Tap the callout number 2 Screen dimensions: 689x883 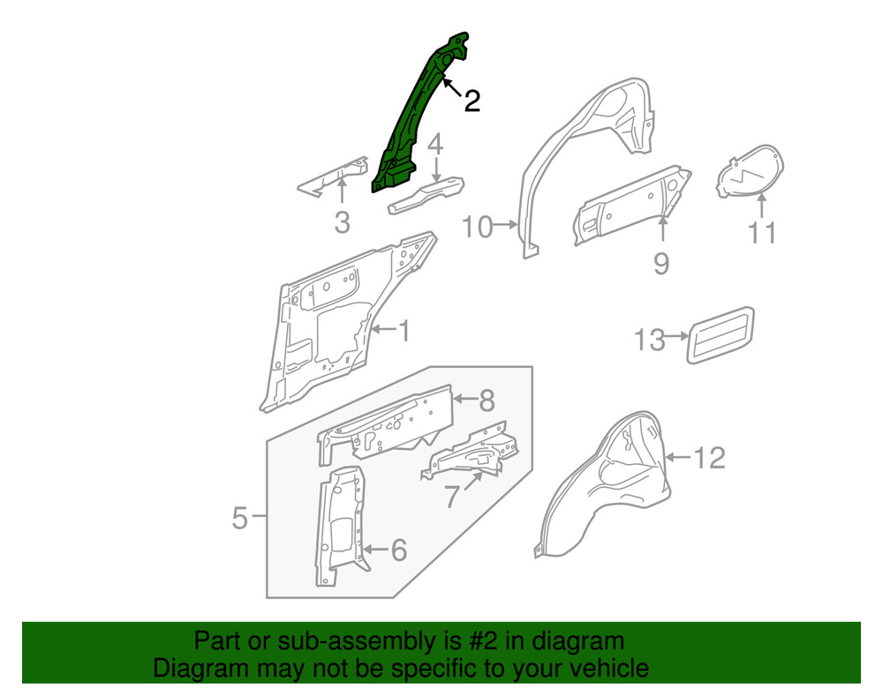coord(472,101)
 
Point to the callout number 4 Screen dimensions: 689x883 coord(436,144)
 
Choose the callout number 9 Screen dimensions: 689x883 coord(661,262)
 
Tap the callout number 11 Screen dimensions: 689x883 coord(762,233)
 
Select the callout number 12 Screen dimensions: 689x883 coord(709,457)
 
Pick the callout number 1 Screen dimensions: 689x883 coord(404,332)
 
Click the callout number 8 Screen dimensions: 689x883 coord(487,401)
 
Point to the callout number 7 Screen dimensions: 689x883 coord(452,497)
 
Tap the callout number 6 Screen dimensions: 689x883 coord(398,550)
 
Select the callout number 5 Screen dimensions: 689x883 coord(240,518)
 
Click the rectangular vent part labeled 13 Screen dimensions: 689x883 coord(721,334)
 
